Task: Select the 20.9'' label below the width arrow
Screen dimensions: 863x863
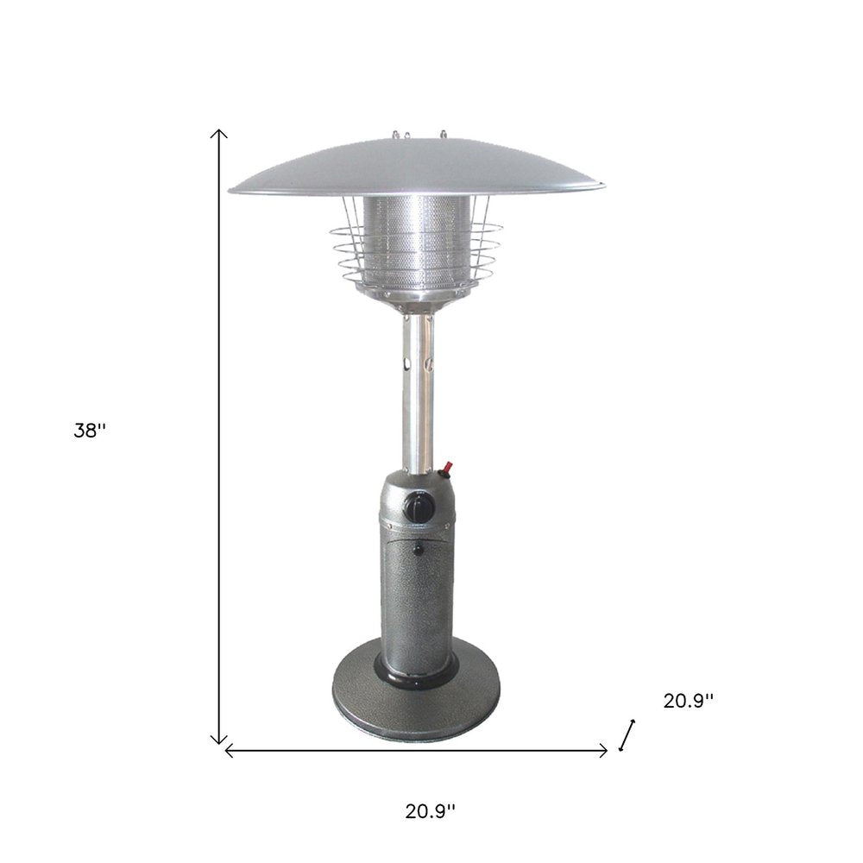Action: tap(430, 810)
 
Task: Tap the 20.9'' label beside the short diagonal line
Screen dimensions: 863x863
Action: tap(688, 702)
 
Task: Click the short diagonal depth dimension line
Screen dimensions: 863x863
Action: tap(627, 735)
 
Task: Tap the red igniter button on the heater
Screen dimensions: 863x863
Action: tap(447, 471)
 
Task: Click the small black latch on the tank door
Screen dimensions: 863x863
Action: tap(418, 549)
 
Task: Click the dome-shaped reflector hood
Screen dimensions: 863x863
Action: tap(416, 168)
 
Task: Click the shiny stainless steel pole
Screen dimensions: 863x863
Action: tap(416, 388)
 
